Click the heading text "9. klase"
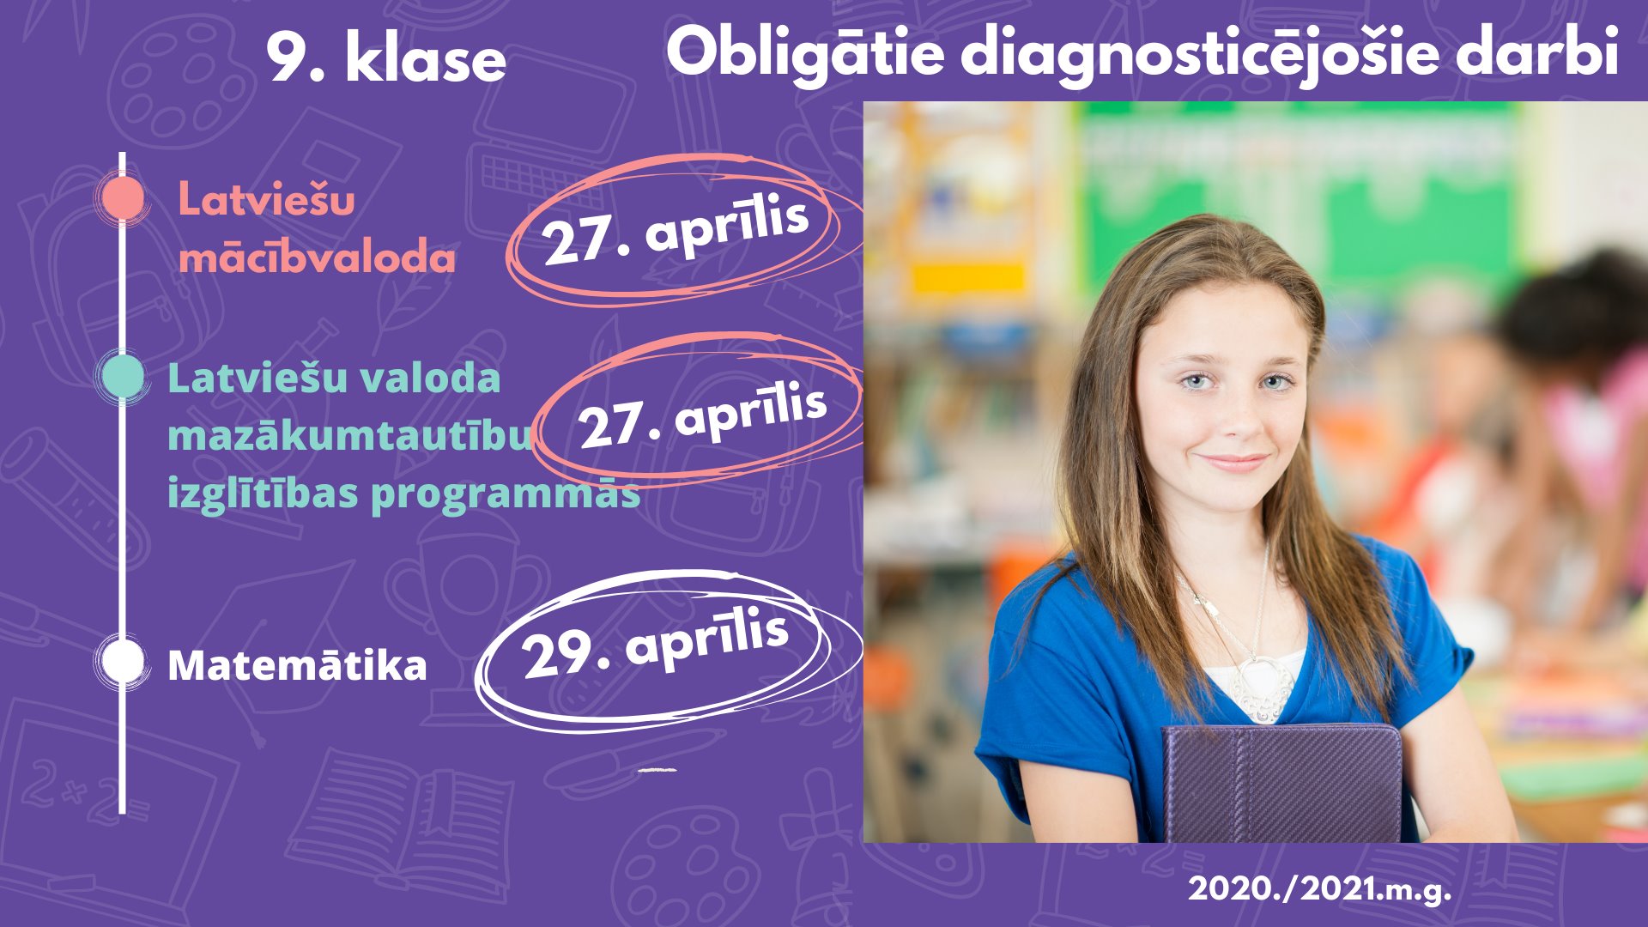click(x=386, y=58)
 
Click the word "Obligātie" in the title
click(x=805, y=53)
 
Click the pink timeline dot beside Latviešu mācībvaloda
click(x=123, y=197)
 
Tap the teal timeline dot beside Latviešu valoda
click(x=123, y=375)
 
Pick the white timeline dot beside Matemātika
click(x=123, y=661)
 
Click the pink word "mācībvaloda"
click(x=317, y=257)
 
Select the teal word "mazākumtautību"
click(x=350, y=435)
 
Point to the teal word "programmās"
click(x=506, y=494)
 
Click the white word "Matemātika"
click(x=297, y=665)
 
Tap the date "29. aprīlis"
click(x=655, y=642)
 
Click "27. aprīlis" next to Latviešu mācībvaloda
click(x=676, y=229)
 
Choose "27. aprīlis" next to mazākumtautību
click(x=702, y=416)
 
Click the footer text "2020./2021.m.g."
click(x=1319, y=888)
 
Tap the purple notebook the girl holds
click(x=1281, y=783)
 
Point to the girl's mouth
click(x=1234, y=463)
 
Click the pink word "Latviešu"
click(x=266, y=200)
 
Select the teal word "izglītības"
click(x=263, y=494)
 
